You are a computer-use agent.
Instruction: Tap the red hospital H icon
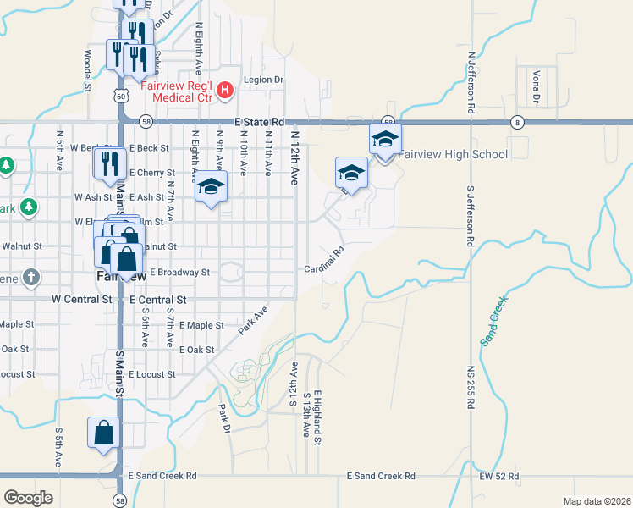point(225,89)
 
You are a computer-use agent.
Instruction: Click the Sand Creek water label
point(493,321)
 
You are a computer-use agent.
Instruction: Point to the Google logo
point(28,498)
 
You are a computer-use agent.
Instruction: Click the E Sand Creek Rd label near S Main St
point(162,477)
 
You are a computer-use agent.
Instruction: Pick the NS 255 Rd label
point(470,387)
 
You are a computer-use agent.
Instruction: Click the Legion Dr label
point(262,80)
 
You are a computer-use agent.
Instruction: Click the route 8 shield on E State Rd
point(516,122)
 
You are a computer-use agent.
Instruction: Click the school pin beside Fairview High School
point(385,139)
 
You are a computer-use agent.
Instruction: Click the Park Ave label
point(252,321)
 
